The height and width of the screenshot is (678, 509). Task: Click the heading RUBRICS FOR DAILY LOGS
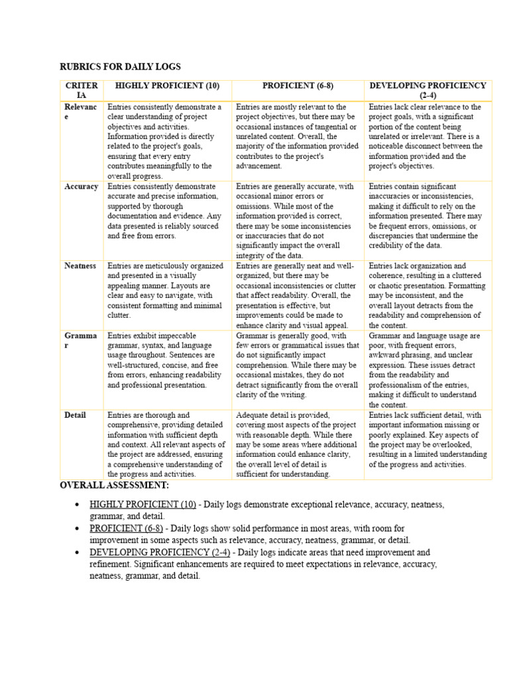pos(120,67)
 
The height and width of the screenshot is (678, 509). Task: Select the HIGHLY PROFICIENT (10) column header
pos(167,86)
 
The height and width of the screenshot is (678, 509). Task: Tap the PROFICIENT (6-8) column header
pos(298,86)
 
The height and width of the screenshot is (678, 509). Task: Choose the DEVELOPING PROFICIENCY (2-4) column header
pos(427,91)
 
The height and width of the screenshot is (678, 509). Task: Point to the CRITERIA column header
pos(82,91)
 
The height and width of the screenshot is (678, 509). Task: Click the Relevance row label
pos(81,112)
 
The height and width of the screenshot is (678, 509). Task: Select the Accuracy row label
pos(82,187)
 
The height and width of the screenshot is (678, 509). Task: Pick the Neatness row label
pos(80,266)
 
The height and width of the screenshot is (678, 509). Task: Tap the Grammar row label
pos(80,340)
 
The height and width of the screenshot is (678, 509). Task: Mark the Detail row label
pos(75,415)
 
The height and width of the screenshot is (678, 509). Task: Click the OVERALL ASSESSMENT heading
pos(114,486)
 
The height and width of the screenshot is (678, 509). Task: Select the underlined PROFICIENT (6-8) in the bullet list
pos(127,528)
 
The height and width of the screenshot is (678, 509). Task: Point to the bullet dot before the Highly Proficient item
pos(78,505)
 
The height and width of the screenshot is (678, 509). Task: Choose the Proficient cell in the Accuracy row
pos(298,221)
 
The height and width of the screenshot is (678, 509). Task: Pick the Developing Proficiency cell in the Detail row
pos(427,440)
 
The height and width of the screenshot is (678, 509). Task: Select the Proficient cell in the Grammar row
pos(298,365)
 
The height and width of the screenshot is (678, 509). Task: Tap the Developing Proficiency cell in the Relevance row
pos(427,136)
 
